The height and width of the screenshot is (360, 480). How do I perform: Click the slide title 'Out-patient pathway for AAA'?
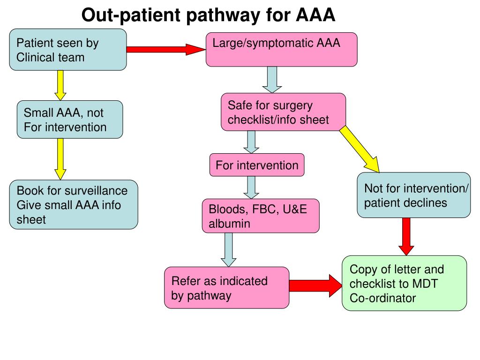click(x=209, y=15)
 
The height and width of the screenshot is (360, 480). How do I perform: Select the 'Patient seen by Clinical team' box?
click(x=68, y=50)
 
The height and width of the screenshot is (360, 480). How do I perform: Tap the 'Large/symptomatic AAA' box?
click(x=282, y=50)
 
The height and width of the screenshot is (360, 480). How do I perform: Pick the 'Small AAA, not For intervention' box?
click(x=70, y=120)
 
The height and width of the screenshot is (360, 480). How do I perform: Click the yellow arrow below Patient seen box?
click(x=60, y=86)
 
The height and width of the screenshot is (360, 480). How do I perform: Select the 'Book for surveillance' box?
click(x=74, y=204)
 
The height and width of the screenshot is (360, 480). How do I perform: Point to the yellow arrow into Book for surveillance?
click(x=60, y=159)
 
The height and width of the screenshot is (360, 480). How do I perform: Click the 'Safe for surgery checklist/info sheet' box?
click(x=283, y=112)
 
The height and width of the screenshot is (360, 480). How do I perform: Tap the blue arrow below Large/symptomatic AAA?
click(x=271, y=79)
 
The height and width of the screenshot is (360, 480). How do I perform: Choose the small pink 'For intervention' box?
click(x=257, y=165)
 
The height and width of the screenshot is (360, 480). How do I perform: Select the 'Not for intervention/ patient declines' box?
click(x=413, y=195)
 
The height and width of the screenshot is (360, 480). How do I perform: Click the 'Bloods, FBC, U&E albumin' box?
click(x=261, y=216)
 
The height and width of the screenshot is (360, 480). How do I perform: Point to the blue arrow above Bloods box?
click(x=252, y=187)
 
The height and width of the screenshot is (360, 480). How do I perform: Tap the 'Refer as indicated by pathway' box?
click(x=226, y=287)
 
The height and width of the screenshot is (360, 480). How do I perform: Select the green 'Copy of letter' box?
click(x=404, y=283)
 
